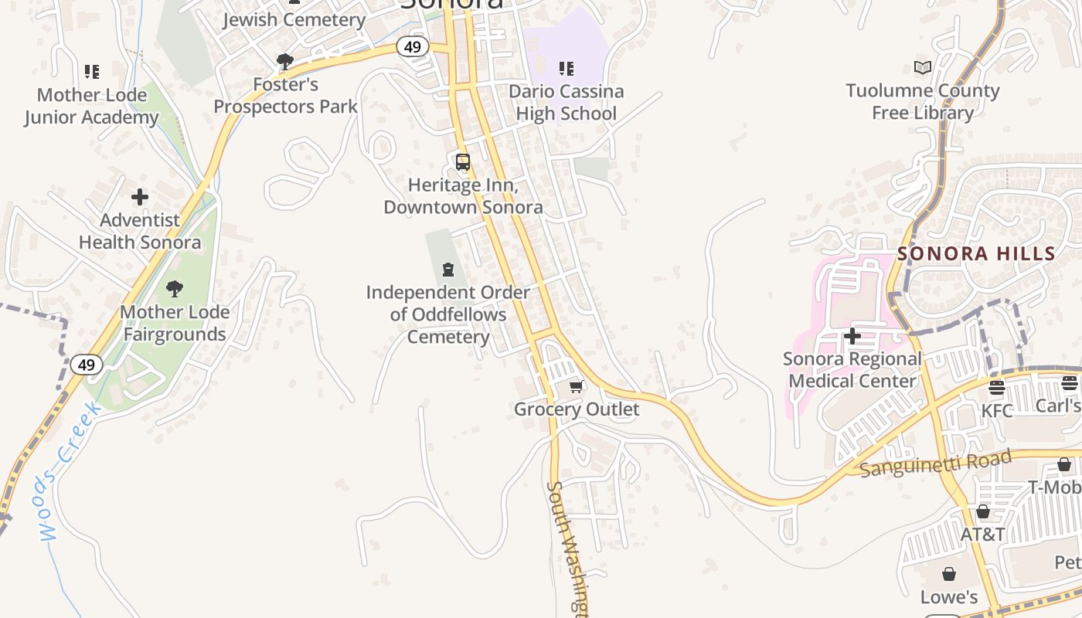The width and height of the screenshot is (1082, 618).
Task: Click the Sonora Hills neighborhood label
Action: [976, 253]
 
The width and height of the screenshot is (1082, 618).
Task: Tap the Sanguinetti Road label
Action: [935, 463]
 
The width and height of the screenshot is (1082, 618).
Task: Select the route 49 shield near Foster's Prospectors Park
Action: [412, 47]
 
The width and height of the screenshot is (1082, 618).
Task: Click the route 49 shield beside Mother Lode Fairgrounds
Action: [86, 365]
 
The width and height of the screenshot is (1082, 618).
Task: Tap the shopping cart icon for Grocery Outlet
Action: [576, 386]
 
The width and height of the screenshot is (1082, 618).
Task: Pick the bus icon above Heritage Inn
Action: [463, 162]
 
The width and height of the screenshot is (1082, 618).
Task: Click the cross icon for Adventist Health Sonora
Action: [140, 197]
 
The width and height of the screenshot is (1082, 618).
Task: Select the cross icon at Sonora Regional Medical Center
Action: [852, 336]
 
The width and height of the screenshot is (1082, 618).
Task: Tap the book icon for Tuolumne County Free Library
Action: [922, 68]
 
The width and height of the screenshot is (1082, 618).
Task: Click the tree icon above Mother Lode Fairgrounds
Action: [175, 289]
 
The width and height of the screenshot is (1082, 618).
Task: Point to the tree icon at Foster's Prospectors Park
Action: [285, 61]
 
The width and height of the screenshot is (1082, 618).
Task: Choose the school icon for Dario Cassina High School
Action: [567, 69]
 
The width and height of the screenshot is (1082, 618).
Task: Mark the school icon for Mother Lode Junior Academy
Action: [92, 72]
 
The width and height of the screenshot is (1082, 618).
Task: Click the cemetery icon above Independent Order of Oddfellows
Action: [448, 270]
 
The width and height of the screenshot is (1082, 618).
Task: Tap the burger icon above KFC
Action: [997, 387]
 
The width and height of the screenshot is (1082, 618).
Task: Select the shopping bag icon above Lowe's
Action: [949, 574]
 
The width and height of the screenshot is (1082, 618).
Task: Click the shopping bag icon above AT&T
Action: [983, 511]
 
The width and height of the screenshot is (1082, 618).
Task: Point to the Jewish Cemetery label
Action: [294, 20]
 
